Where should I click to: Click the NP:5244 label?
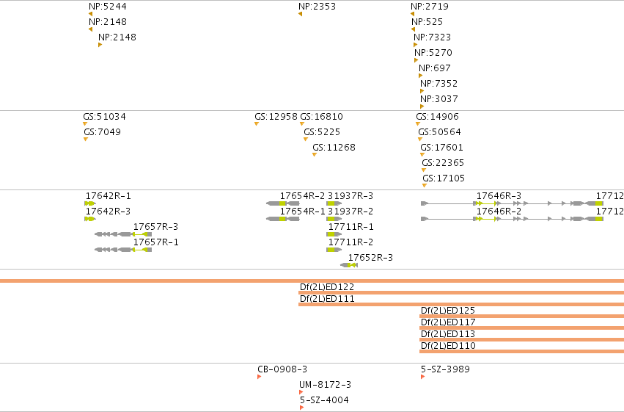(x=108, y=7)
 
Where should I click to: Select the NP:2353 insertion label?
(x=317, y=7)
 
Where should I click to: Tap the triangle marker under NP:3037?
(x=422, y=106)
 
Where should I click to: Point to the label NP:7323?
(x=432, y=37)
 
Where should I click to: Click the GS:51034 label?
(x=104, y=116)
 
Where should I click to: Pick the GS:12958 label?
(x=276, y=116)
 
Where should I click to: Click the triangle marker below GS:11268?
(x=315, y=155)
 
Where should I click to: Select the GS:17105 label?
(x=444, y=178)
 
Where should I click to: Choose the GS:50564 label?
(x=439, y=132)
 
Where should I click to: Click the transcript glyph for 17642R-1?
(x=90, y=203)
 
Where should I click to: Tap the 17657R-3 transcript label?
(x=155, y=227)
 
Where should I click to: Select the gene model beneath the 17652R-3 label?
(x=349, y=265)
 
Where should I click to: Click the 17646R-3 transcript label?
(x=499, y=195)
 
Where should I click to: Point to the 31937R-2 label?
(x=350, y=212)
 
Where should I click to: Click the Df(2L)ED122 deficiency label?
(x=327, y=287)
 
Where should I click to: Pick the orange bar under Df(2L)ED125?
(x=522, y=317)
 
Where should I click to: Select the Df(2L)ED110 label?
(x=448, y=345)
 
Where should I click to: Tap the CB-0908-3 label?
(x=282, y=369)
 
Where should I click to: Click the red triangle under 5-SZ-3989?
(x=422, y=377)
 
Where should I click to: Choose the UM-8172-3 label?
(x=325, y=385)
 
